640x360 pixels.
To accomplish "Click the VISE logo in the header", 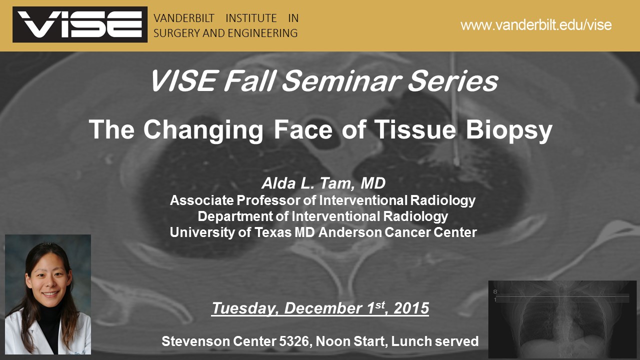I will point(80,24).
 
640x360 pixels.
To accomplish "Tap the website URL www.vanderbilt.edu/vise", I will point(536,25).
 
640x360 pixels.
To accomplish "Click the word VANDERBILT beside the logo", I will point(184,18).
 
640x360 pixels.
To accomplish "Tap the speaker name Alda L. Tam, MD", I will point(323,184).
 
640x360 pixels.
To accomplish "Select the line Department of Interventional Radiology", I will point(323,216).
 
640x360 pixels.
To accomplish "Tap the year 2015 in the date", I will point(411,308).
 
